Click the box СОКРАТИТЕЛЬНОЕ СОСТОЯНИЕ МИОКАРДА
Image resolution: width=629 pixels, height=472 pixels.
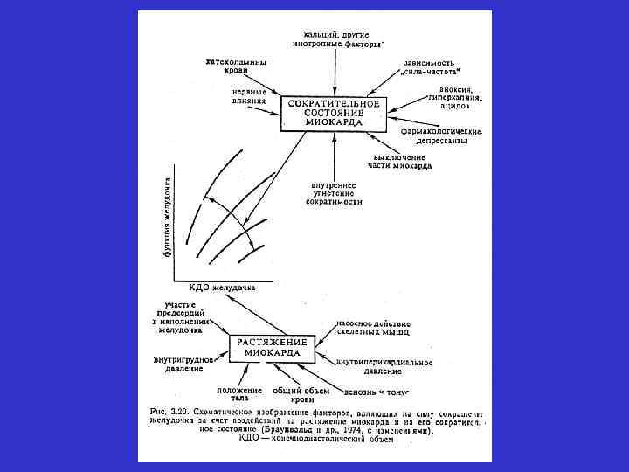(x=333, y=114)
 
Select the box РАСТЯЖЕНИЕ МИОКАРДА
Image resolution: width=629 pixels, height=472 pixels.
(x=275, y=348)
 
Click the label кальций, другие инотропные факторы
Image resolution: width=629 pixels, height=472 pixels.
(x=336, y=37)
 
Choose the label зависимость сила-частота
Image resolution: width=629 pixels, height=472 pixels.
(x=432, y=66)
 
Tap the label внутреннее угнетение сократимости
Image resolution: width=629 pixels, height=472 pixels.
(x=334, y=193)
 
